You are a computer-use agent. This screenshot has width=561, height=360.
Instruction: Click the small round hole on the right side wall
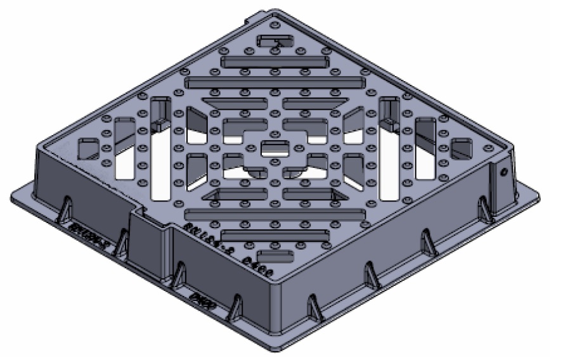pos(505,172)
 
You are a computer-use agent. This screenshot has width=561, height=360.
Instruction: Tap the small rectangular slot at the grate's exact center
pos(273,150)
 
